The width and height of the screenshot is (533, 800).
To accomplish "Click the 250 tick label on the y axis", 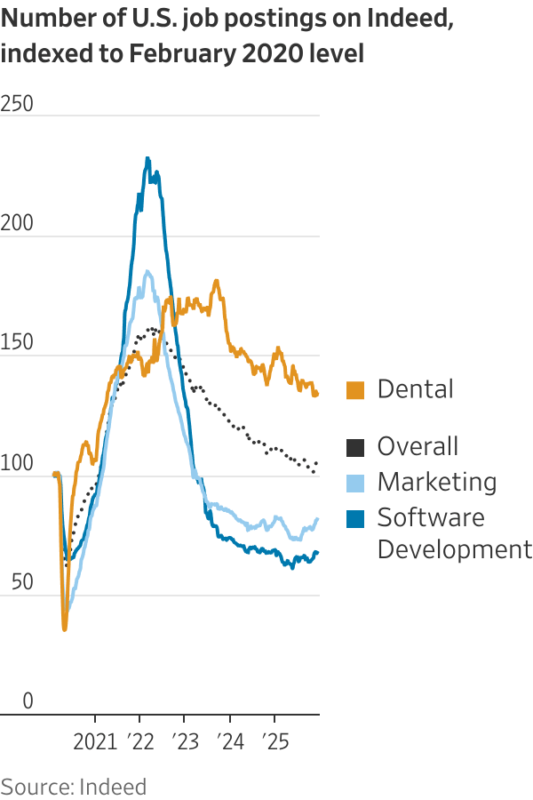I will point(17,104).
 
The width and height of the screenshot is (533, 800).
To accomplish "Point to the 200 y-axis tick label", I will point(17,224).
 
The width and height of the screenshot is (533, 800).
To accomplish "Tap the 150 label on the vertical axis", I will point(17,343).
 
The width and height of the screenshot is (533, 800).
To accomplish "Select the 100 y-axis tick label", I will point(17,463).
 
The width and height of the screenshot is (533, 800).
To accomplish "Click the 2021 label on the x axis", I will point(95,740).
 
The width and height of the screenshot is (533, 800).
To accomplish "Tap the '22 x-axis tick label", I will point(139,740).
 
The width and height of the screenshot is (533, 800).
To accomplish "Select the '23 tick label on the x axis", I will point(185,740).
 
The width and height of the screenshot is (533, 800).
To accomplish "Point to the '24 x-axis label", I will point(229,740).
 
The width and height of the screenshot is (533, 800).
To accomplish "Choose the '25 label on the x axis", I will point(274,740).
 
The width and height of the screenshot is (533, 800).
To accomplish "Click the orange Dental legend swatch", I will point(355,389).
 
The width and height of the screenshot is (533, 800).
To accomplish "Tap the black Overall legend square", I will point(355,446).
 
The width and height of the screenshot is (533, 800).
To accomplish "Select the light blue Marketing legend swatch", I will point(355,482).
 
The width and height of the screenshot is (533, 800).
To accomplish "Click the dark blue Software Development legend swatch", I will point(355,517).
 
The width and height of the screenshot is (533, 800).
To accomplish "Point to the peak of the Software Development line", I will point(147,159).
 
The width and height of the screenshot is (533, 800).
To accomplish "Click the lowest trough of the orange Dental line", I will point(64,629).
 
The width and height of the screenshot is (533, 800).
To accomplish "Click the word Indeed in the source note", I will point(113,786).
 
